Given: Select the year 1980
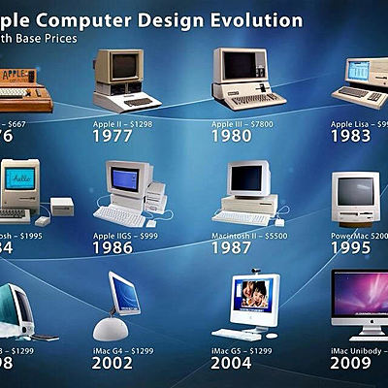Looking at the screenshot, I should point(238,136).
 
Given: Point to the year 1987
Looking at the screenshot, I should point(238,248).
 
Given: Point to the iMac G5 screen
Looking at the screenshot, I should point(255,297).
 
